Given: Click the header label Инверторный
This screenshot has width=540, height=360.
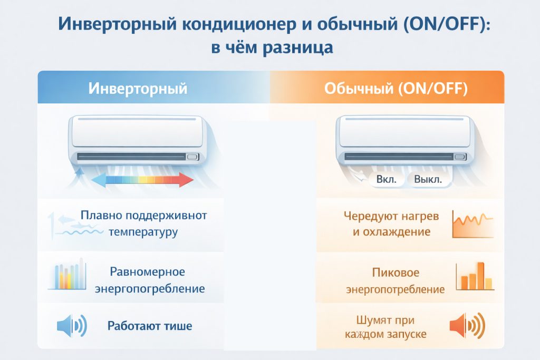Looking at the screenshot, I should tap(138, 88).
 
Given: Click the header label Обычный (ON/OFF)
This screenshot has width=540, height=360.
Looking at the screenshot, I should tap(396, 88).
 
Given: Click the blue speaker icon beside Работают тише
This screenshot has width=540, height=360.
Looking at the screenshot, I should tap(71, 326).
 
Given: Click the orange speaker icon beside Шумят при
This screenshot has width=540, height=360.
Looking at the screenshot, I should tap(466, 325).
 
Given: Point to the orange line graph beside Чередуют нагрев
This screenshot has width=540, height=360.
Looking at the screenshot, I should tap(472, 223).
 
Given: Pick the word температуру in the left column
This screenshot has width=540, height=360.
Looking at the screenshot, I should tap(143, 232).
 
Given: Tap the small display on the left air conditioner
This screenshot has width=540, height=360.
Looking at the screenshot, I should tap(192, 157).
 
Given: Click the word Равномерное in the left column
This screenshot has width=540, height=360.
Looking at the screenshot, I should tap(148, 272).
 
